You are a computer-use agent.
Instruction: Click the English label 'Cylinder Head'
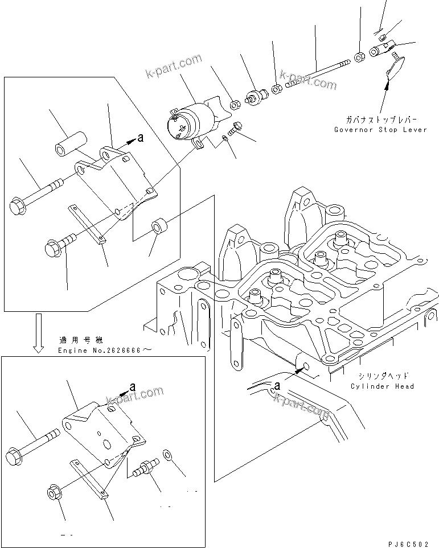(x=382, y=386)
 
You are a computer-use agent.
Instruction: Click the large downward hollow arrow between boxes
(x=38, y=333)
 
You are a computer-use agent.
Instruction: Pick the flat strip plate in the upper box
(x=87, y=224)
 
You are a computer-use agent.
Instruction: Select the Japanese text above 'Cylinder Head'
(x=383, y=376)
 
